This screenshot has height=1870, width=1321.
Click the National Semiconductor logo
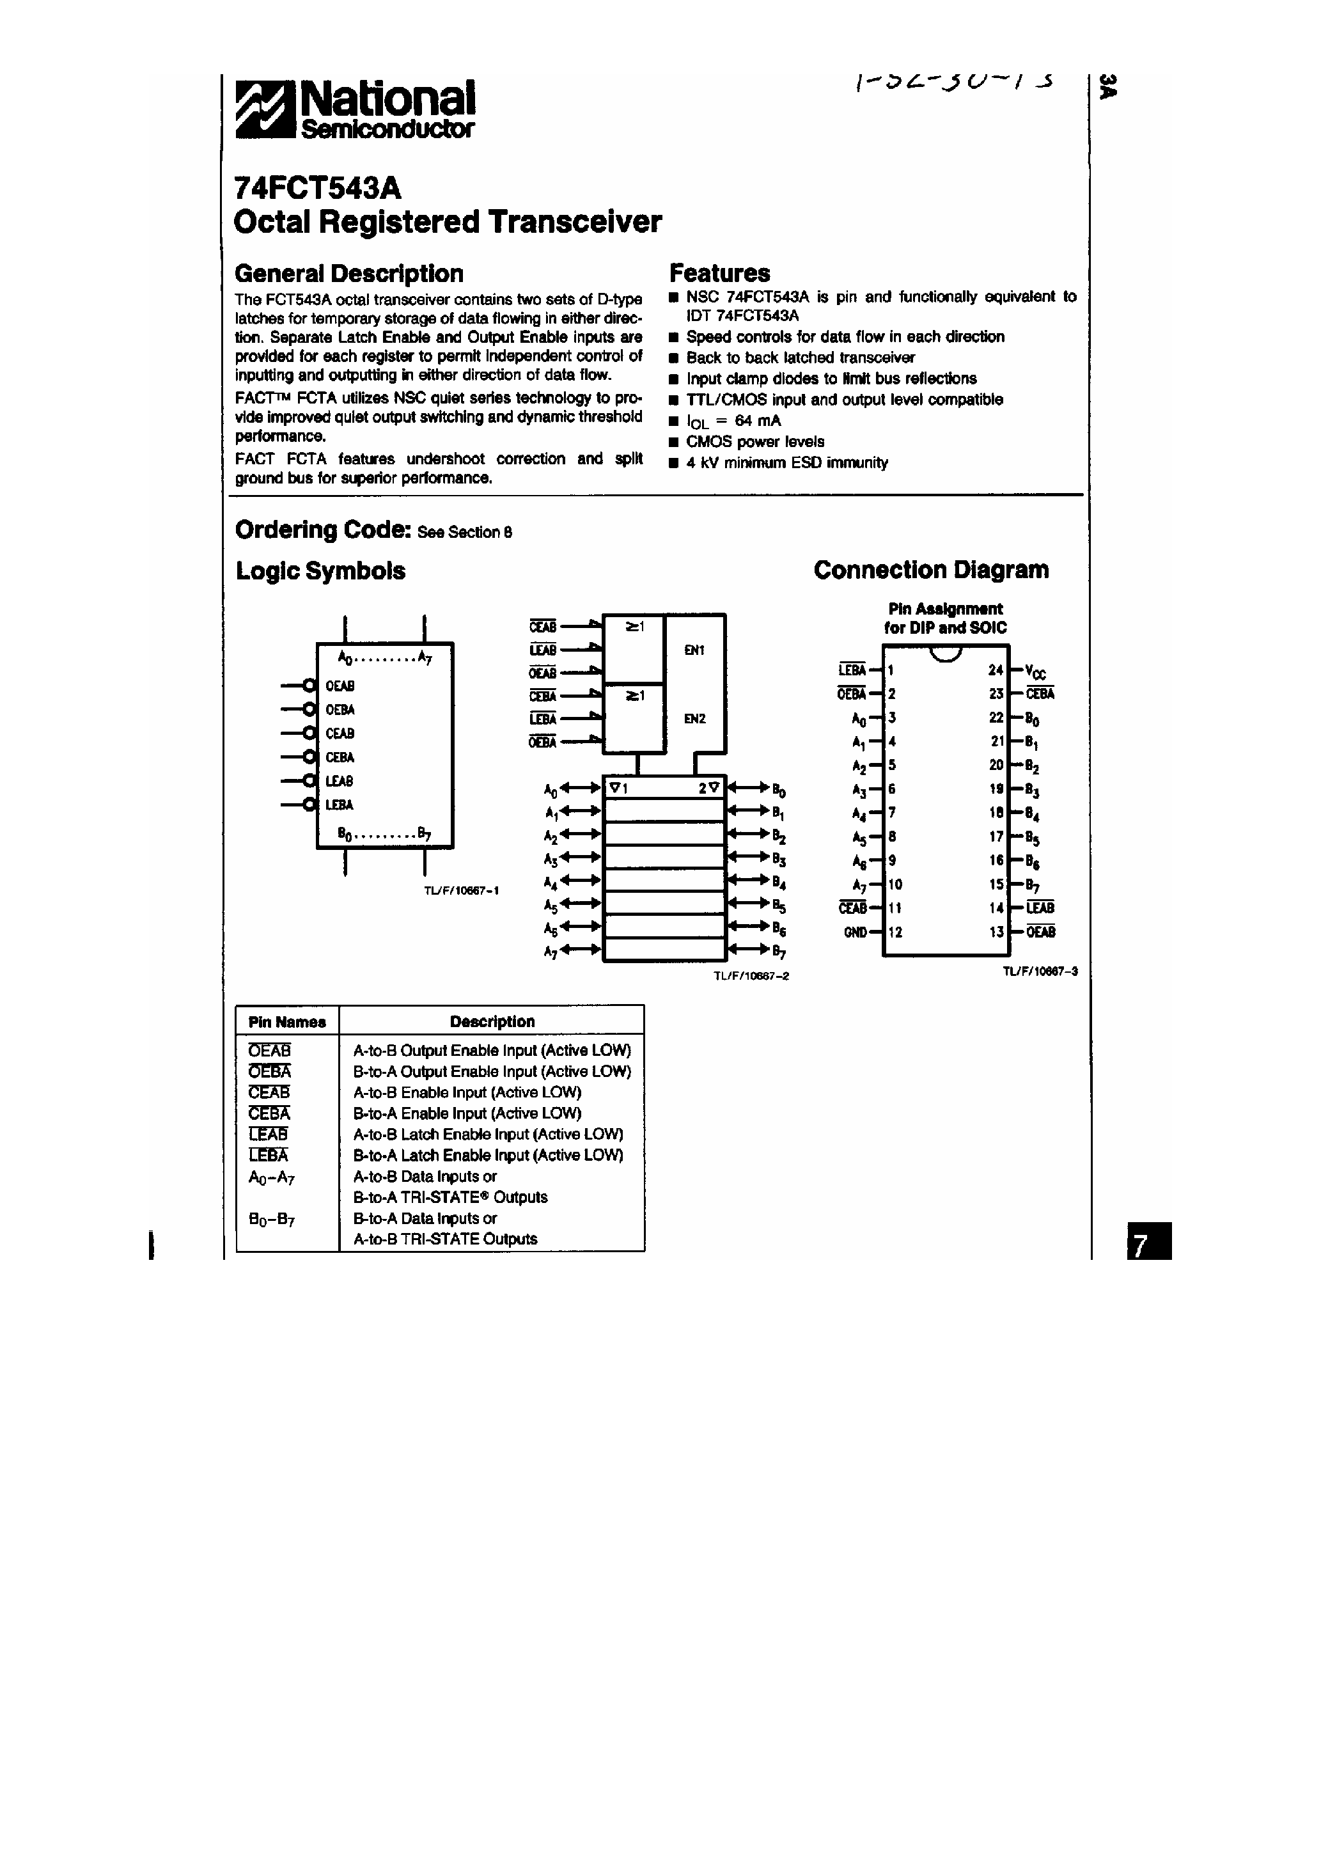pyautogui.click(x=354, y=108)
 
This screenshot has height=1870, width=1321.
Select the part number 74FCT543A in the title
pyautogui.click(x=318, y=188)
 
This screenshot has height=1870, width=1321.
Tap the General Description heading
pyautogui.click(x=348, y=273)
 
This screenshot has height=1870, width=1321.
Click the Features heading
pyautogui.click(x=719, y=273)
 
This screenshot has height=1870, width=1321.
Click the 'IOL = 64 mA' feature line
pyautogui.click(x=733, y=421)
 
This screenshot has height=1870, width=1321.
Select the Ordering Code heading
pyautogui.click(x=322, y=530)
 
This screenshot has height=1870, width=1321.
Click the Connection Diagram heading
pyautogui.click(x=931, y=570)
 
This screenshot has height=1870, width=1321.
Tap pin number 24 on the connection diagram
pyautogui.click(x=996, y=670)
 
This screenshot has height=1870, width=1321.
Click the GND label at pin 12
pyautogui.click(x=855, y=932)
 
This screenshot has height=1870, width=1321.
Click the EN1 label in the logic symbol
pyautogui.click(x=694, y=650)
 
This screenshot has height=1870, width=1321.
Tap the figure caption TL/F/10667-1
pyautogui.click(x=461, y=891)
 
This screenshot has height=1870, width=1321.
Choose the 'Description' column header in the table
pyautogui.click(x=492, y=1021)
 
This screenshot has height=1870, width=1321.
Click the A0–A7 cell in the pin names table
pyautogui.click(x=270, y=1177)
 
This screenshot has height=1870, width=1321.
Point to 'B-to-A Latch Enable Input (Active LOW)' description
pyautogui.click(x=488, y=1156)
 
